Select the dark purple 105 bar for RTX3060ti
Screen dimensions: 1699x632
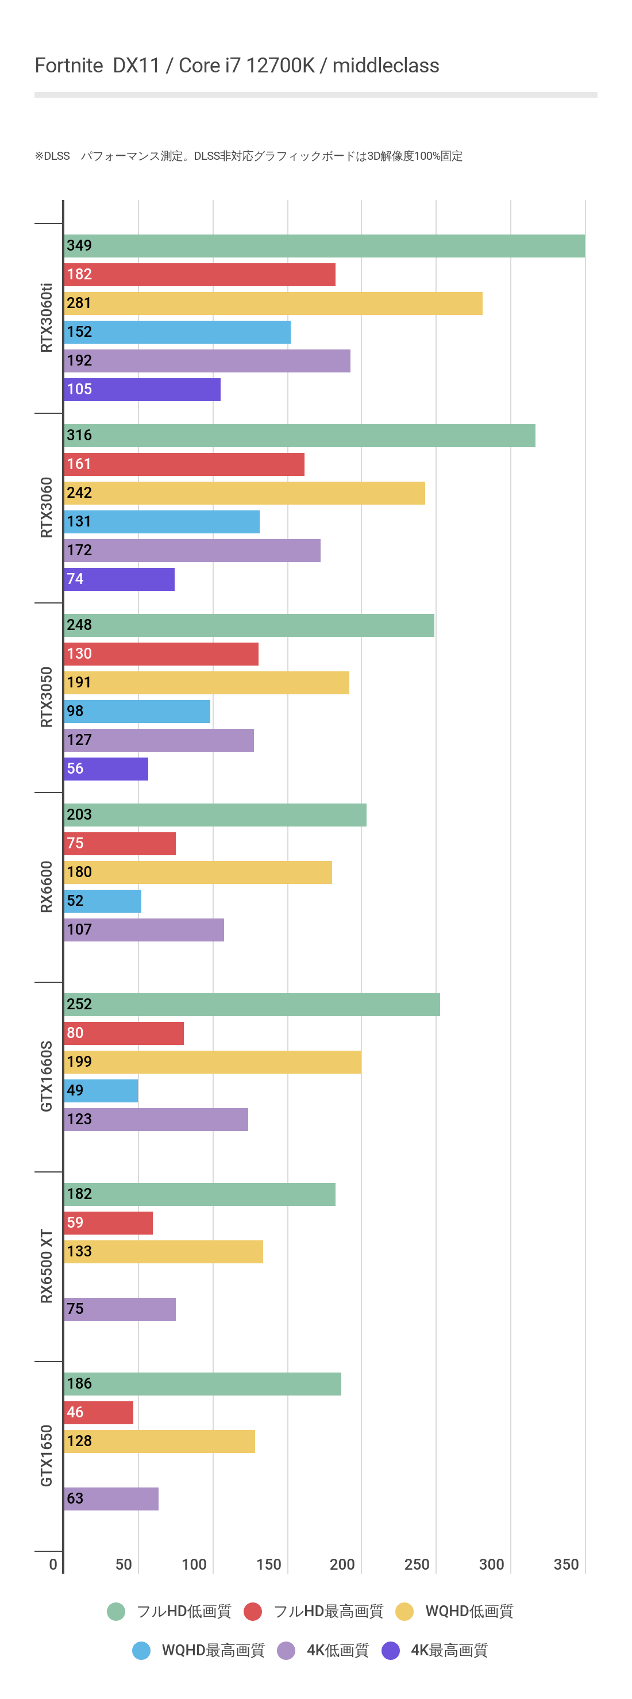coord(142,390)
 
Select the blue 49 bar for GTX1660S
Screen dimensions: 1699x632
coord(101,1091)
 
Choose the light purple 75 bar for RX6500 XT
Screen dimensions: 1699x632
coord(120,1309)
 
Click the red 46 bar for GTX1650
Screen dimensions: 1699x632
coord(99,1413)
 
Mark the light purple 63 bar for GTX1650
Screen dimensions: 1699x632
coord(111,1499)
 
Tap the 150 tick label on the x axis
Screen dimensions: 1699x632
coord(268,1565)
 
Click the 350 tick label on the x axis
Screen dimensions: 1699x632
coord(566,1565)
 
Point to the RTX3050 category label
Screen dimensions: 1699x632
coord(46,697)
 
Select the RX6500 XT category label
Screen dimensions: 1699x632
coord(46,1266)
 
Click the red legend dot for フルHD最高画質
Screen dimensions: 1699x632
coord(253,1611)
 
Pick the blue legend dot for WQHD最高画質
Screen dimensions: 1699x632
coord(141,1650)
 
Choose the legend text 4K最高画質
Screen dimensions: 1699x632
coord(449,1650)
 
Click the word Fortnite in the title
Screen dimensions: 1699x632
coord(68,66)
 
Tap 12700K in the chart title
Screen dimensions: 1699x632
coord(279,66)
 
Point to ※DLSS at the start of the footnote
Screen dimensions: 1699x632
coord(52,156)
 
